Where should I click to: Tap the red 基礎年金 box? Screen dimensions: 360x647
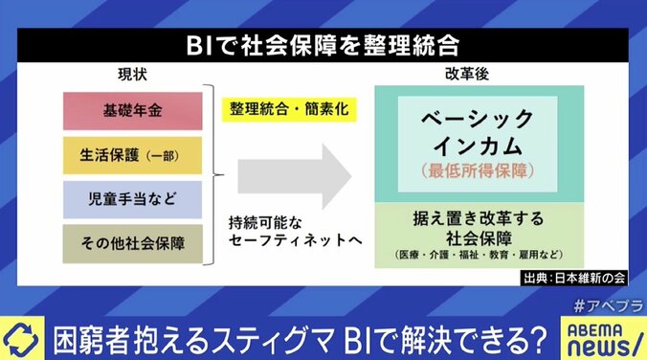click(x=132, y=109)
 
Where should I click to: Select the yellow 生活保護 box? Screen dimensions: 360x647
click(x=132, y=154)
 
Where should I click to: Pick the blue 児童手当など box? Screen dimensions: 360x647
click(x=132, y=199)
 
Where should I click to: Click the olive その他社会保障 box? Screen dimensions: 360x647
click(x=132, y=243)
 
